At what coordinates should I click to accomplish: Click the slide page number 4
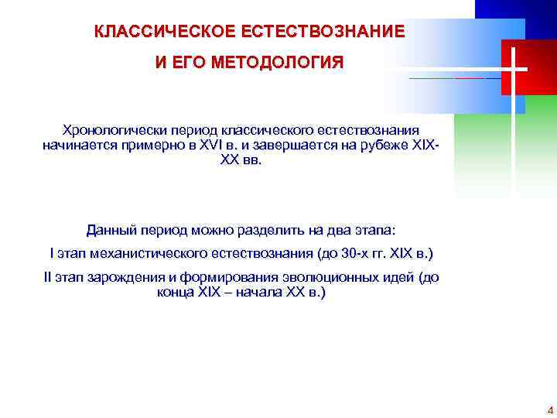point(550,409)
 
